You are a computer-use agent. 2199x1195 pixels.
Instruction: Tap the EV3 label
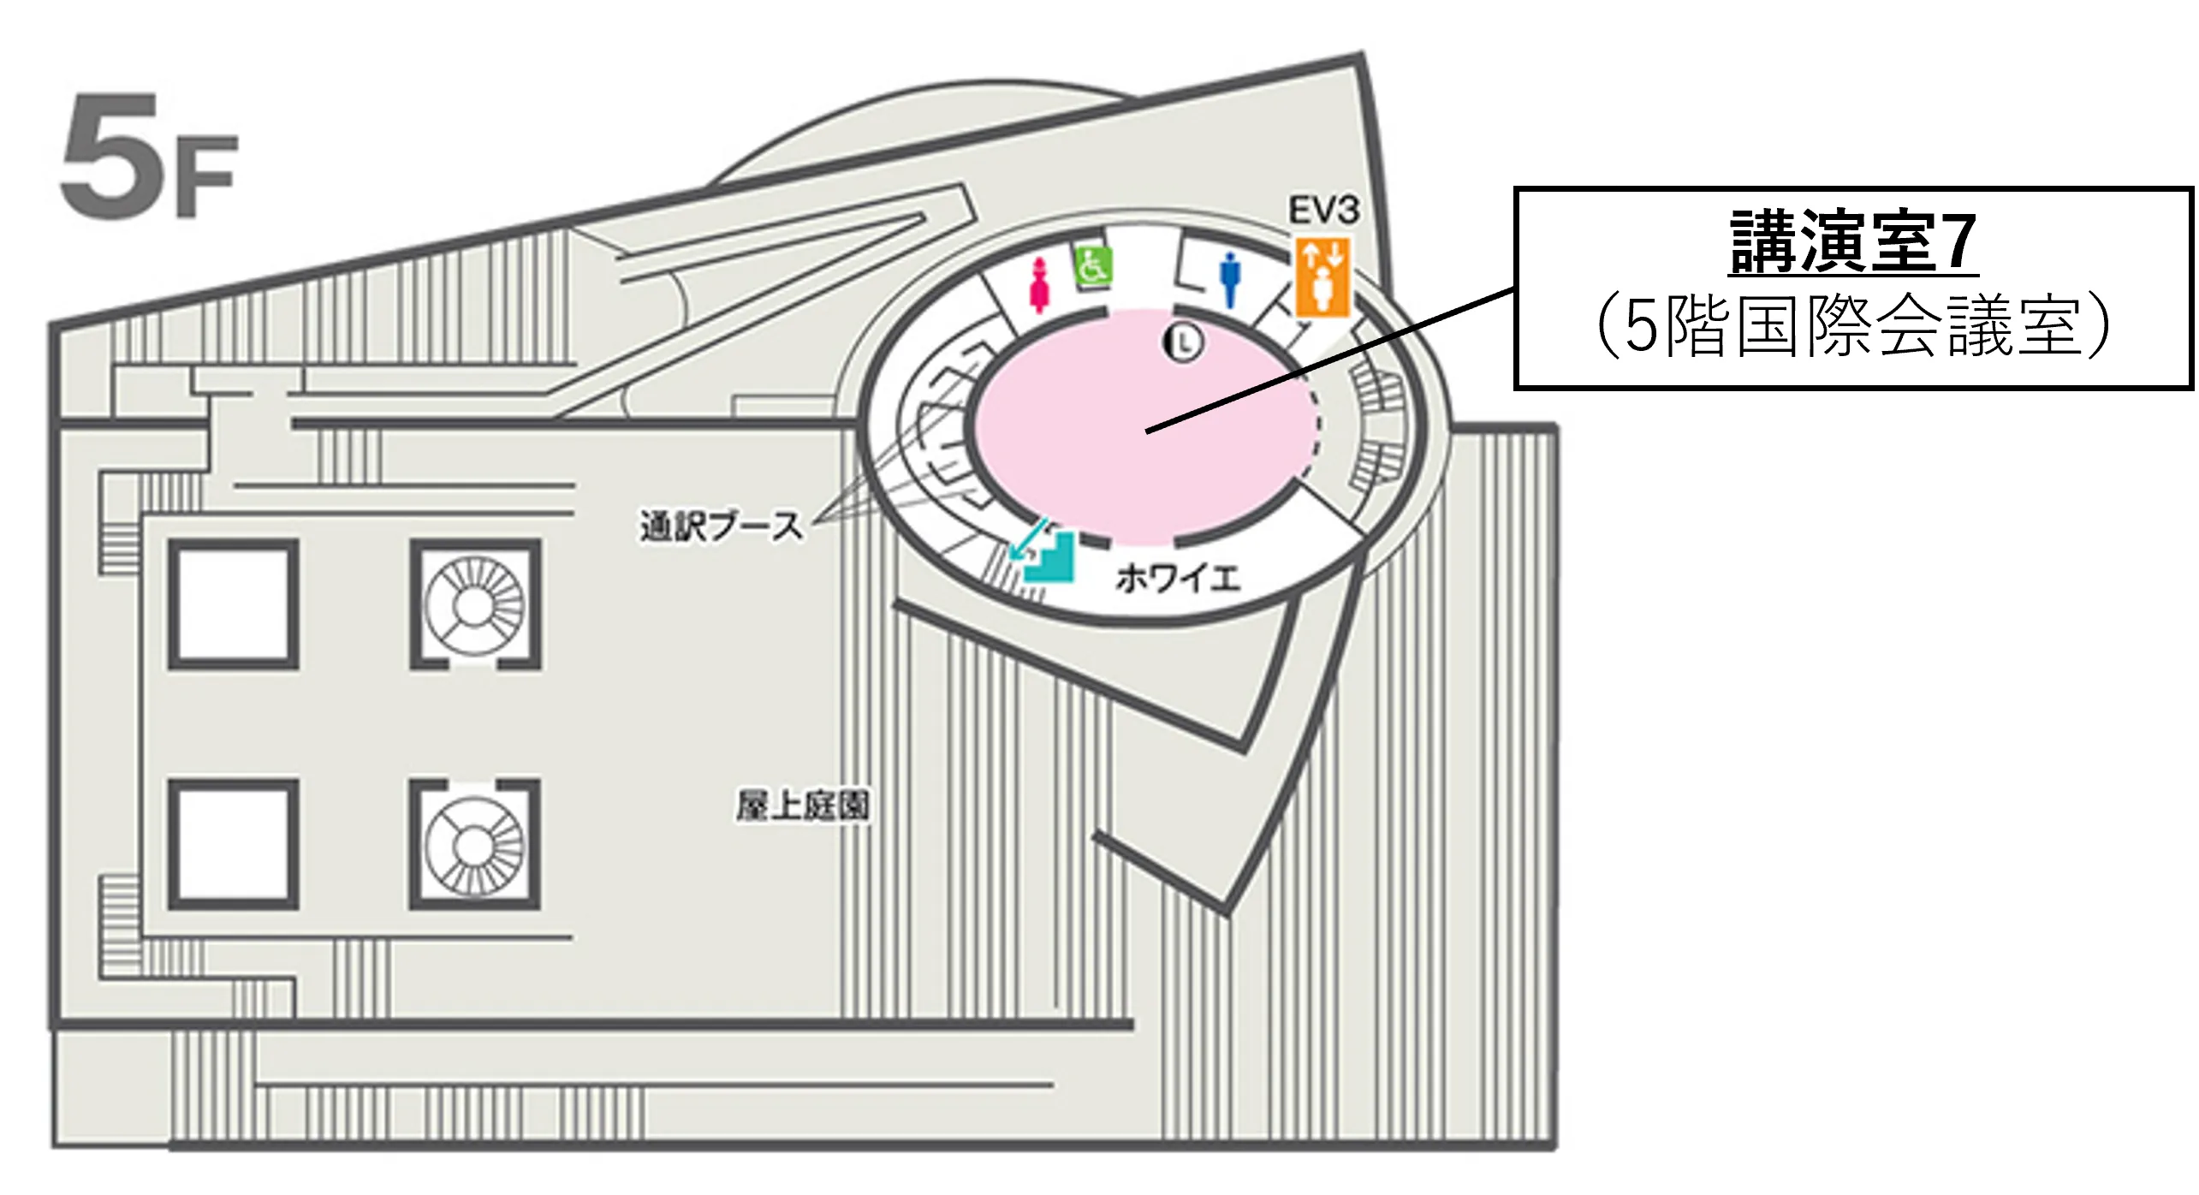(1324, 211)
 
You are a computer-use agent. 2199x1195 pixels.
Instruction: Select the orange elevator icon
(1323, 277)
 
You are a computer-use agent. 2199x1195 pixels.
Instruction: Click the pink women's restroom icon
(1040, 284)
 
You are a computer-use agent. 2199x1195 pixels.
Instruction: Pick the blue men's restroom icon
(1230, 278)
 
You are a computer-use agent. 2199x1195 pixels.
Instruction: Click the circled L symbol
(1186, 342)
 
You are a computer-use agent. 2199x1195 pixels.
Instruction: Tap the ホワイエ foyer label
(1178, 580)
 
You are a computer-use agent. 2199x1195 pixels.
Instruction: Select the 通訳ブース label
(722, 526)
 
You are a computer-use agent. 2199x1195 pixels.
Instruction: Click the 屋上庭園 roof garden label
(803, 806)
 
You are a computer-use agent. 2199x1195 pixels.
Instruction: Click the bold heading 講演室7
(1853, 242)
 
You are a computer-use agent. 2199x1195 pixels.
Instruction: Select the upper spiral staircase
(474, 604)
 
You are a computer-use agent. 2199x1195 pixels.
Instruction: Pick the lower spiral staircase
(474, 844)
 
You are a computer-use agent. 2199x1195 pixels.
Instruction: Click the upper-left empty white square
(233, 604)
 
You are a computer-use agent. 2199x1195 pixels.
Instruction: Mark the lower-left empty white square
(233, 844)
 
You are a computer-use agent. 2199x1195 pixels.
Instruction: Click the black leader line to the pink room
(1331, 361)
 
